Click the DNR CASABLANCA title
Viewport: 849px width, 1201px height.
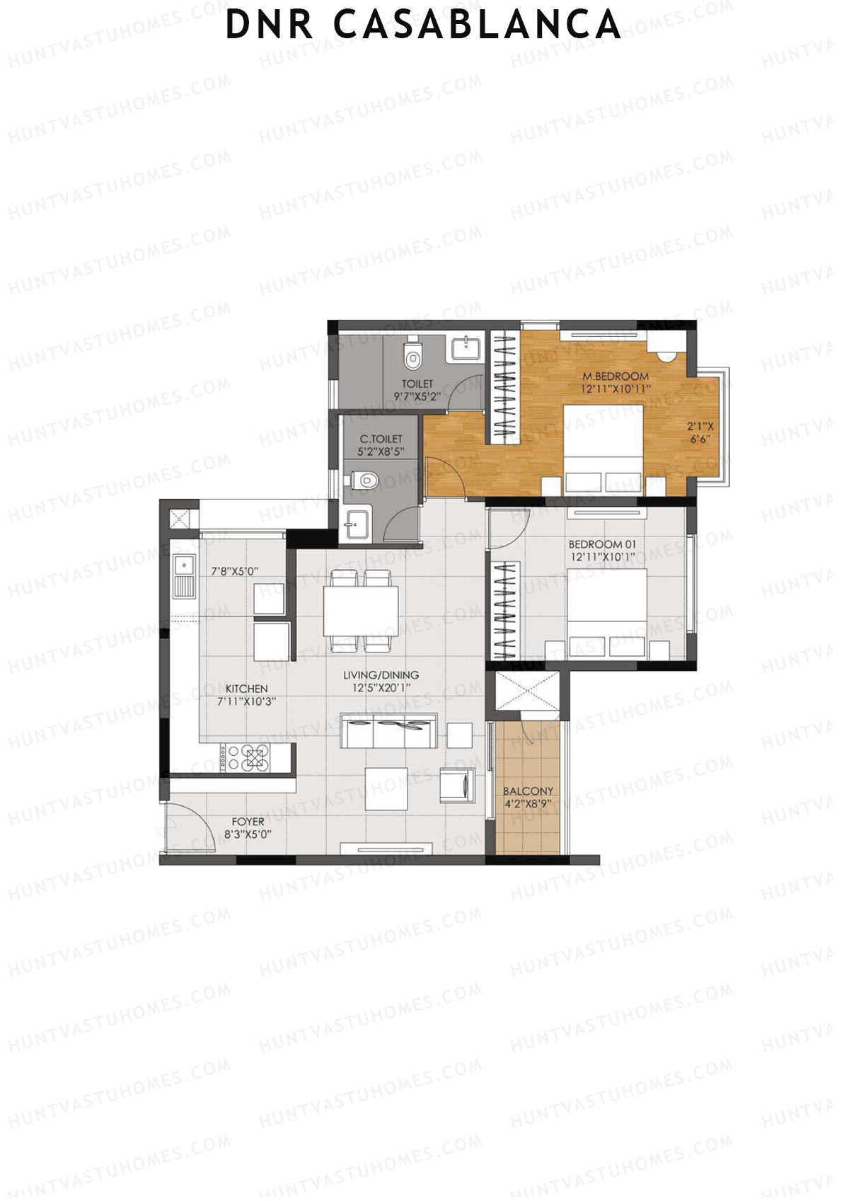point(423,25)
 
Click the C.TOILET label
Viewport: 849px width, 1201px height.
point(381,439)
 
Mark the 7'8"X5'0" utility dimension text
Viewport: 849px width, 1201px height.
point(235,571)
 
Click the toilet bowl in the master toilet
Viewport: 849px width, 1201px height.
point(411,357)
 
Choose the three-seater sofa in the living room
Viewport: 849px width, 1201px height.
point(388,732)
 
